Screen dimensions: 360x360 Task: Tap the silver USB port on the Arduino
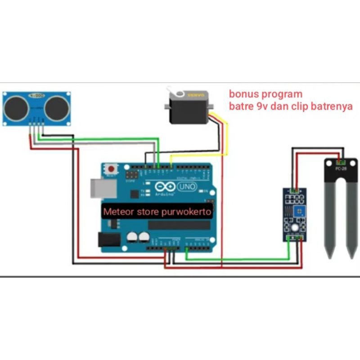pos(99,188)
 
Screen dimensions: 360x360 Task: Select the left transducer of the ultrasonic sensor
pos(17,108)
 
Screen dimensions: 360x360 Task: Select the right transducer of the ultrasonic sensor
pos(57,108)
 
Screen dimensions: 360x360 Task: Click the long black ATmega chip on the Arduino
pos(178,225)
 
